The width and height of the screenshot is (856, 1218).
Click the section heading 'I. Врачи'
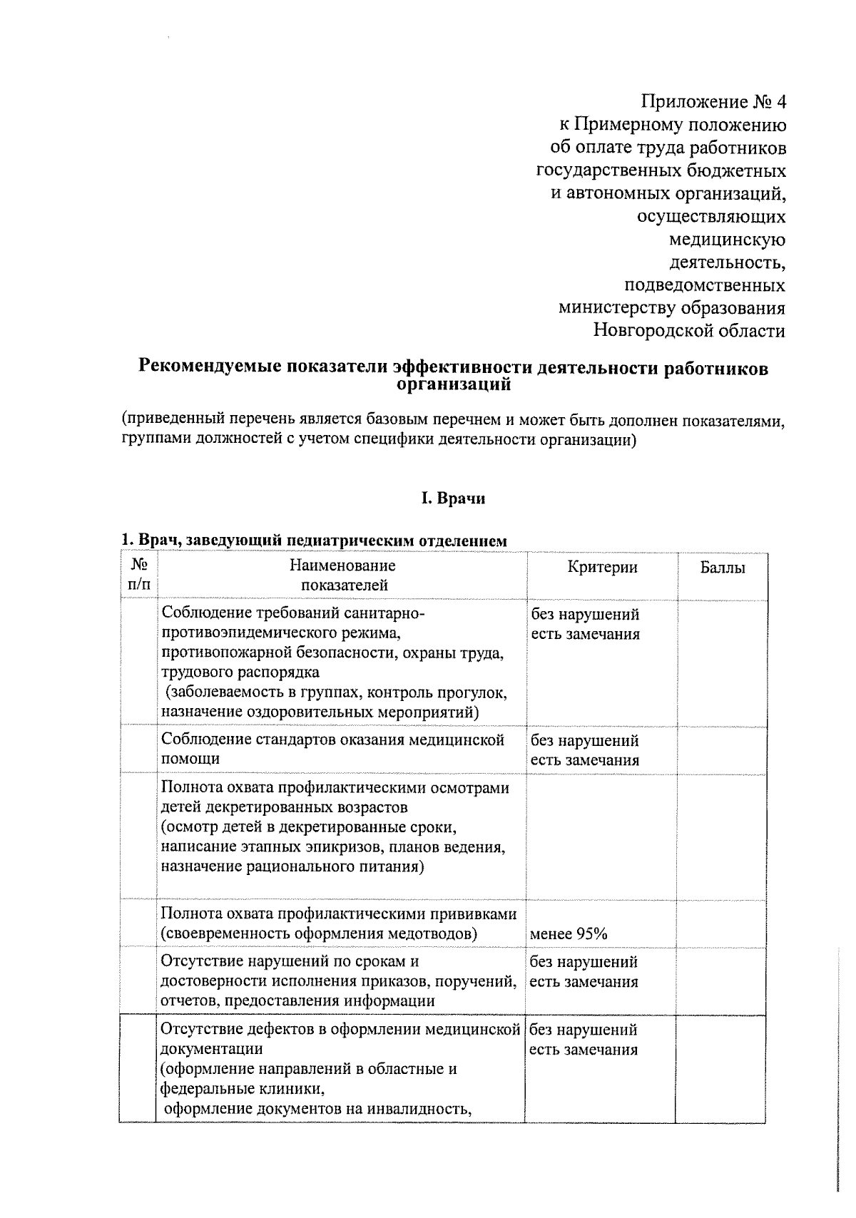[x=452, y=498]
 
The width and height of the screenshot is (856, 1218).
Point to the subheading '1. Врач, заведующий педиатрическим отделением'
[x=314, y=541]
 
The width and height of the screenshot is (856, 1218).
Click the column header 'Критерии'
[x=602, y=567]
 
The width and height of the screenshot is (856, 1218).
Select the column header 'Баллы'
[x=722, y=568]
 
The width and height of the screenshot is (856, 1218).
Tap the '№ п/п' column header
[x=139, y=575]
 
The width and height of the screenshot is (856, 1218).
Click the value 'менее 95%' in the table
[x=568, y=934]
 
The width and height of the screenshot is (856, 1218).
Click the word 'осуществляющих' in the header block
[x=712, y=217]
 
